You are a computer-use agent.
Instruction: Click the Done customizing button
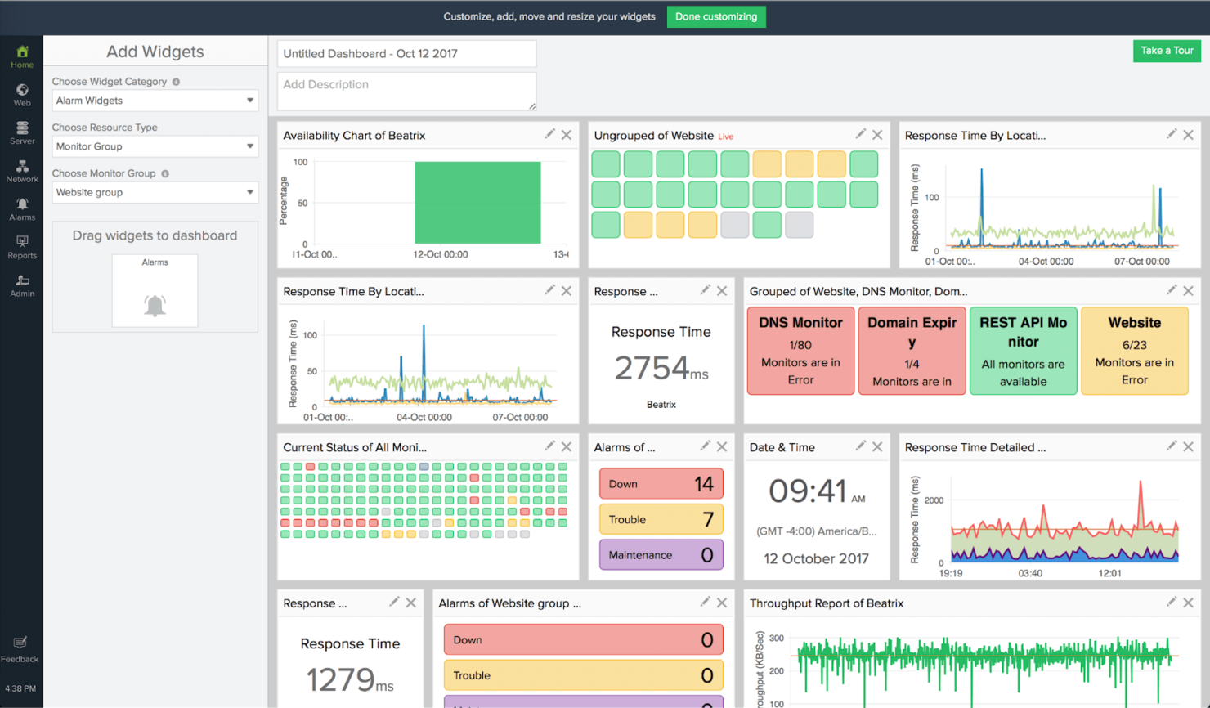coord(715,16)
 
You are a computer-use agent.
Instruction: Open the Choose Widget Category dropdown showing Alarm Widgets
coord(155,101)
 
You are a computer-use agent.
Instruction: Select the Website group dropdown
coord(155,192)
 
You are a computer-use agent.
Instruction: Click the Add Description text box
coord(406,91)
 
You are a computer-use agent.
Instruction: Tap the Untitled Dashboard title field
coord(406,54)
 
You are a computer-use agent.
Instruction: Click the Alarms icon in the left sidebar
coord(22,208)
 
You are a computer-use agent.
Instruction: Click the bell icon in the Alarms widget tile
coord(155,305)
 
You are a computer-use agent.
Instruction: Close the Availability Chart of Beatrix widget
coord(567,135)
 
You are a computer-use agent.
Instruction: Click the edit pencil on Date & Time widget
coord(860,446)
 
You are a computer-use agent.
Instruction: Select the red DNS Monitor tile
coord(800,351)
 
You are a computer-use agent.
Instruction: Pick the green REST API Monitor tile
coord(1023,351)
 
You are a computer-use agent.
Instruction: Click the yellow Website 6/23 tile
coord(1134,351)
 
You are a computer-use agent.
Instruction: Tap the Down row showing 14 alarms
coord(661,484)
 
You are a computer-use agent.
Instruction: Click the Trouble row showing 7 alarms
coord(661,519)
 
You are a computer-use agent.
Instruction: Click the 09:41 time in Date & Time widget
coord(808,491)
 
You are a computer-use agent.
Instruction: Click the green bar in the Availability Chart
coord(477,202)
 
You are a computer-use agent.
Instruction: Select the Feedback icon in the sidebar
coord(20,648)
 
